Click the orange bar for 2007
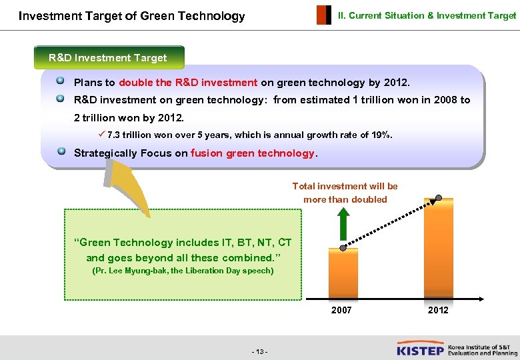(x=343, y=273)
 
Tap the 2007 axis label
(x=341, y=310)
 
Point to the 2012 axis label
(x=438, y=310)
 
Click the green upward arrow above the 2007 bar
(x=343, y=224)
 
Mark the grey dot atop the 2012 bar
(x=438, y=198)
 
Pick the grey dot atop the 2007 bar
(x=343, y=248)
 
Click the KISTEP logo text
(x=421, y=349)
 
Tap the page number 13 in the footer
(x=260, y=351)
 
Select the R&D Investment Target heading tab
(x=108, y=58)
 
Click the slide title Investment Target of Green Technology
(x=132, y=16)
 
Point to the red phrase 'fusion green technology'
(x=252, y=153)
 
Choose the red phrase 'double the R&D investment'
(x=188, y=83)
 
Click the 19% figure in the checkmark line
(x=381, y=135)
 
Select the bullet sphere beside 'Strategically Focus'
(x=61, y=151)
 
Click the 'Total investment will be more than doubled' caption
(x=345, y=193)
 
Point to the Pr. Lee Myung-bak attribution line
(x=182, y=271)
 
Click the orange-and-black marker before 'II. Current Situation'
(x=323, y=15)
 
